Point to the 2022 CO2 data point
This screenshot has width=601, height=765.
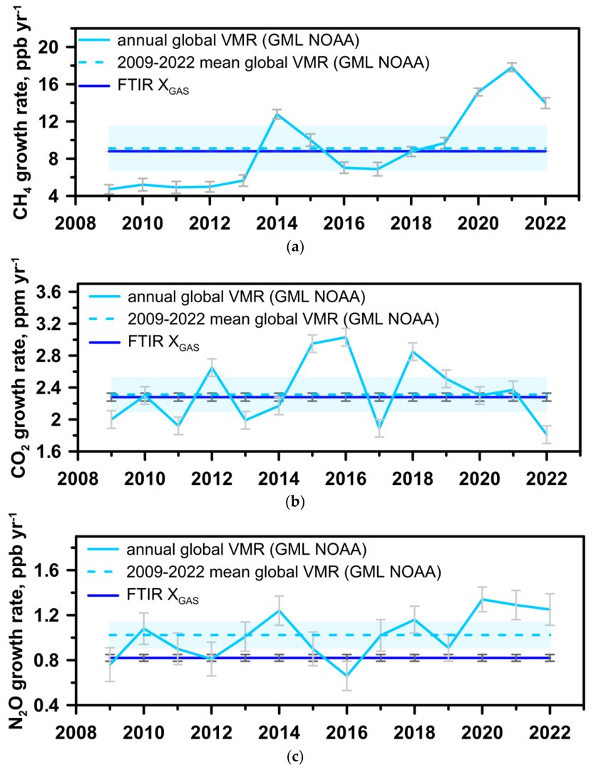[545, 434]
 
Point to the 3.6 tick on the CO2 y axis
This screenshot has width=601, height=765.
[55, 292]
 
